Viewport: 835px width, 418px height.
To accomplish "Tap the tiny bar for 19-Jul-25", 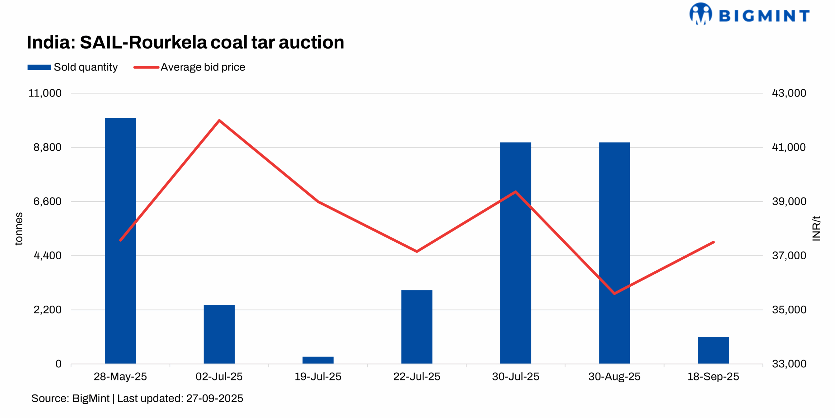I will pos(318,360).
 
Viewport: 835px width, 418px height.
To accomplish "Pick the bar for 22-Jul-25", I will pos(417,327).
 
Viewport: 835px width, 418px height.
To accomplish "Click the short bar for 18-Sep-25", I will pos(713,350).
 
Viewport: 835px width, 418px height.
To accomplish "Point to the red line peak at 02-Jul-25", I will pos(219,121).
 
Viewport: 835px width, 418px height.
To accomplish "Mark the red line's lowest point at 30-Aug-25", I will pos(614,293).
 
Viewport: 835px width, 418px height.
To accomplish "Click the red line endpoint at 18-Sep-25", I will pos(713,242).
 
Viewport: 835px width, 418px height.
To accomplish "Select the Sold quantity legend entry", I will pos(73,67).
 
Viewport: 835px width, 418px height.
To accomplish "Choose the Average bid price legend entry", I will pos(189,67).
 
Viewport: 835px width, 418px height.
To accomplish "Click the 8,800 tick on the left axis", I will pos(47,147).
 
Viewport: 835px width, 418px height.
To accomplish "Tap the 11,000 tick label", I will pos(45,93).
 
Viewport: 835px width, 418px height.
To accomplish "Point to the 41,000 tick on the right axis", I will pos(789,147).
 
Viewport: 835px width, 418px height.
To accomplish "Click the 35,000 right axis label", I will pos(789,310).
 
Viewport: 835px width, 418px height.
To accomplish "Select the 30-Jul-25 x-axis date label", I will pos(515,377).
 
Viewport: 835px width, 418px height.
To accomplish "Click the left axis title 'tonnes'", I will pos(19,229).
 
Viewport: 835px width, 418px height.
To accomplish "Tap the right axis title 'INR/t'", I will pos(816,229).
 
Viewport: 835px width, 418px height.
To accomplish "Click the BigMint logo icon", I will pos(701,14).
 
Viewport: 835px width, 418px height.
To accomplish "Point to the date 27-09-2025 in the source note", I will pos(214,398).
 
